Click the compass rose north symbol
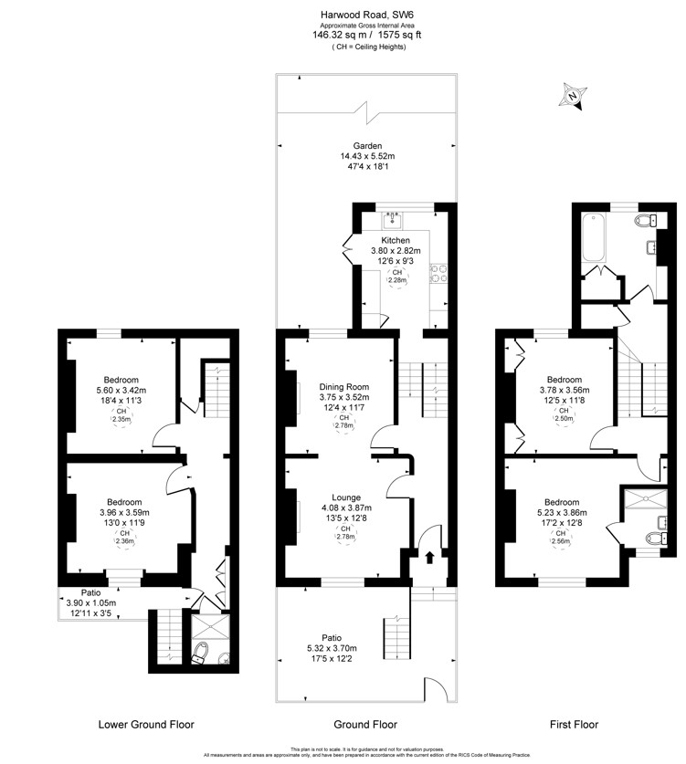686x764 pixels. (573, 96)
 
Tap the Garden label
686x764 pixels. (367, 146)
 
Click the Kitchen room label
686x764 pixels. (396, 240)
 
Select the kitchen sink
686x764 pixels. (393, 220)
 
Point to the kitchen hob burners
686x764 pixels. (438, 274)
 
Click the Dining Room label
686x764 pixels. (344, 387)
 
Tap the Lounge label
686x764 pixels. (346, 497)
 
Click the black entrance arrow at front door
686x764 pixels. (429, 558)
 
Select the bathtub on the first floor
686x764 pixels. (594, 238)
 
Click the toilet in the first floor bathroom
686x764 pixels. (646, 221)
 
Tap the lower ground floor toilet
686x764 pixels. (199, 653)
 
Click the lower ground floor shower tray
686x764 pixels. (210, 626)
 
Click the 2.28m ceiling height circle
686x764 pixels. (397, 277)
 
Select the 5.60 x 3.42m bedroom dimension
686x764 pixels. (121, 391)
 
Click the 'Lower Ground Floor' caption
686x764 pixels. (146, 725)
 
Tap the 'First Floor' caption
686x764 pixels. (574, 725)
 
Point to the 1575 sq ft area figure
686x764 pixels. (400, 35)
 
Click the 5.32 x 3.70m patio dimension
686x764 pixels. (332, 648)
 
